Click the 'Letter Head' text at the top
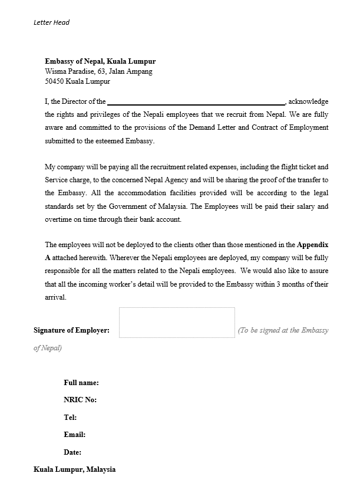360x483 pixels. pyautogui.click(x=51, y=22)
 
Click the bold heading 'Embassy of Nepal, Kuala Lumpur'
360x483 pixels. pyautogui.click(x=100, y=61)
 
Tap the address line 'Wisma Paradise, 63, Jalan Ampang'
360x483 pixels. pyautogui.click(x=98, y=71)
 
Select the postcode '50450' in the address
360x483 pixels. pyautogui.click(x=54, y=81)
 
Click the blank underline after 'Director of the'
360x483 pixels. pyautogui.click(x=196, y=101)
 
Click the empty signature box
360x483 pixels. pyautogui.click(x=177, y=322)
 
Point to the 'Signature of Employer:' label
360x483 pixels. pyautogui.click(x=71, y=330)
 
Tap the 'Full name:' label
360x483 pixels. pyautogui.click(x=81, y=383)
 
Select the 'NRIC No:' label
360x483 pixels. pyautogui.click(x=80, y=400)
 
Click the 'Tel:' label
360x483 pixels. pyautogui.click(x=70, y=418)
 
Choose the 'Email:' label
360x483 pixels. pyautogui.click(x=74, y=435)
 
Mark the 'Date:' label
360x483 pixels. pyautogui.click(x=72, y=452)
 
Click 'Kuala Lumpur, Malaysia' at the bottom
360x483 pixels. pyautogui.click(x=74, y=469)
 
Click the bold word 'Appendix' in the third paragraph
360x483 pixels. pyautogui.click(x=312, y=244)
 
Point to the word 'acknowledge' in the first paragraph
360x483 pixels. pyautogui.click(x=308, y=101)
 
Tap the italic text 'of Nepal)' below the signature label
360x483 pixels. pyautogui.click(x=47, y=348)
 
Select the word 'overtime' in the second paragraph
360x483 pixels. pyautogui.click(x=59, y=219)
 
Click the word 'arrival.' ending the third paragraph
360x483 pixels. pyautogui.click(x=55, y=297)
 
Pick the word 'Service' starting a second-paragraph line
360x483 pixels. pyautogui.click(x=56, y=180)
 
